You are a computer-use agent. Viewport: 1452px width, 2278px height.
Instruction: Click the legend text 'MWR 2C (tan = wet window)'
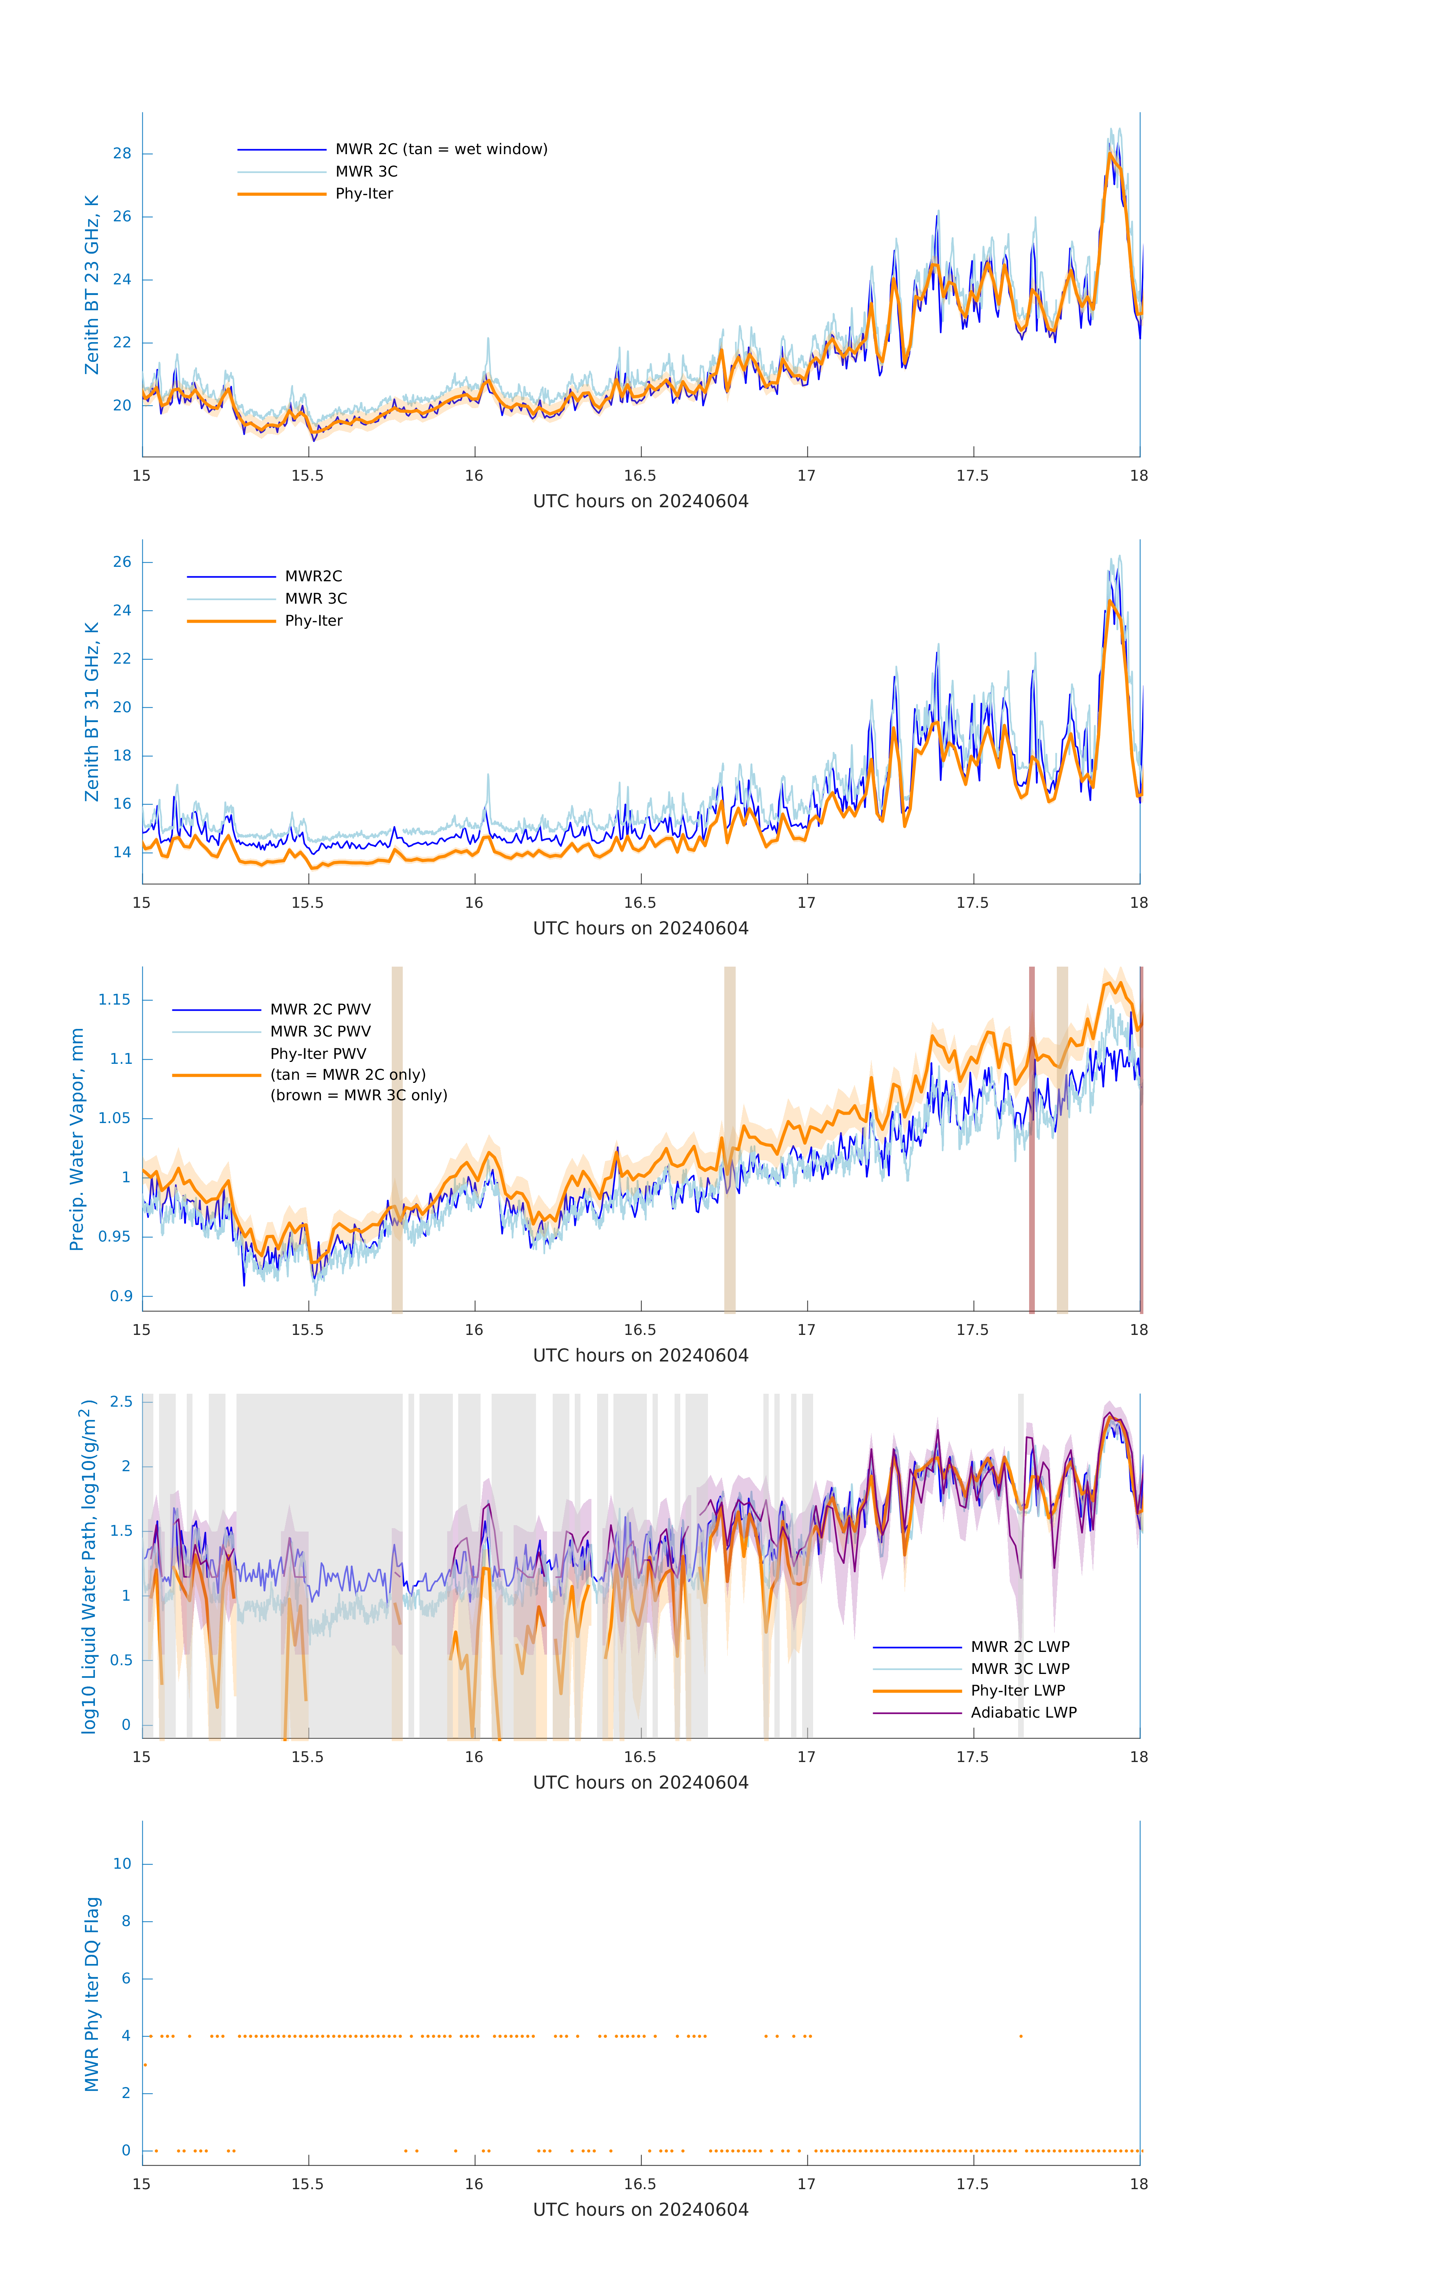(441, 150)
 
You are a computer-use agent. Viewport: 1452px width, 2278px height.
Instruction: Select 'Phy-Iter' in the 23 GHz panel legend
(364, 194)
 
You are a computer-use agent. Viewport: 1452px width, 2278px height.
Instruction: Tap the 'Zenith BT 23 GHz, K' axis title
(92, 285)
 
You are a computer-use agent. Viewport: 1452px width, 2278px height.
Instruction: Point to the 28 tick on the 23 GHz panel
(122, 153)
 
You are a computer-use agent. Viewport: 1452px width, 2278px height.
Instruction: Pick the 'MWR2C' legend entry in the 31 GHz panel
(313, 576)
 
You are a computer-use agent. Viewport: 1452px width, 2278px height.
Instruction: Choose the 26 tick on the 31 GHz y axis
(122, 562)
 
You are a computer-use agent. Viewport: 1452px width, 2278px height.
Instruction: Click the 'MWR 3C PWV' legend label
(321, 1031)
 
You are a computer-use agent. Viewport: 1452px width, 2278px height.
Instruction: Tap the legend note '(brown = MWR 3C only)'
(358, 1095)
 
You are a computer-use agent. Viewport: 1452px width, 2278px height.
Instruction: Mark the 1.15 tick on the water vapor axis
(115, 1000)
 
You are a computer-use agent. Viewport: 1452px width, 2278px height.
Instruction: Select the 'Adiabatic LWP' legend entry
(1023, 1712)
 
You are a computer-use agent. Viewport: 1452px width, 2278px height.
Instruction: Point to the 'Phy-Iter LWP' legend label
(1018, 1691)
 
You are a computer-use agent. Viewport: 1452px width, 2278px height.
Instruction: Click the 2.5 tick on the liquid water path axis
(121, 1402)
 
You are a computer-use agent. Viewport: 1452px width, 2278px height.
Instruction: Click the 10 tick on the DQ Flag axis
(122, 1864)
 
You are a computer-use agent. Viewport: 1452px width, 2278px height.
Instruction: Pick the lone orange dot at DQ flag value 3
(145, 2065)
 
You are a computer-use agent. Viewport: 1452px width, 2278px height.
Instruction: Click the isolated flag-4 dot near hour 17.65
(1021, 2036)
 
